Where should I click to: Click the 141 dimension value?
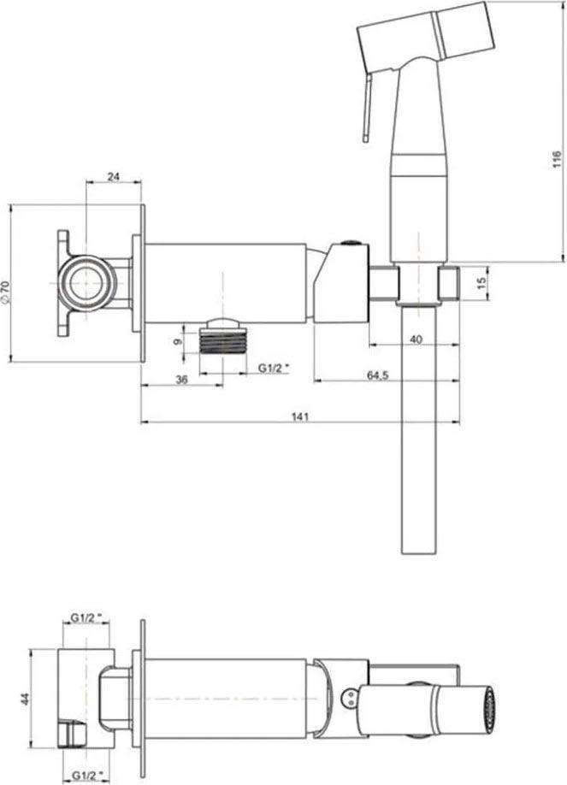(x=300, y=416)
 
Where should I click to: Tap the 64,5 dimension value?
(x=378, y=375)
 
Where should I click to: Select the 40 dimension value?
(x=416, y=339)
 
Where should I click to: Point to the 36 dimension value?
(x=181, y=380)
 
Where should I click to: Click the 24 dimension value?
(x=115, y=176)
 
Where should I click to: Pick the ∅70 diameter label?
(x=5, y=292)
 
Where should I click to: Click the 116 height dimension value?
(x=557, y=159)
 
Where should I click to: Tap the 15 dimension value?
(x=481, y=283)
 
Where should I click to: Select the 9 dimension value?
(x=176, y=341)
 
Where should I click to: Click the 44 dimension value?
(x=25, y=699)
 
